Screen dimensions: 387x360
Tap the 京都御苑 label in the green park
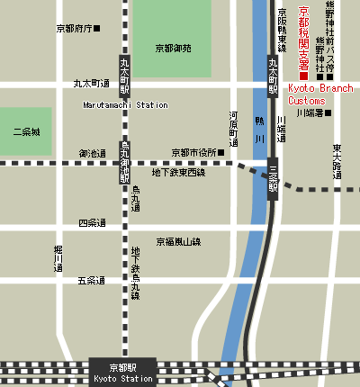coord(172,48)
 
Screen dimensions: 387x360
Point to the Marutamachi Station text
coord(125,105)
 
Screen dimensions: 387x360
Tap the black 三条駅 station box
coord(273,176)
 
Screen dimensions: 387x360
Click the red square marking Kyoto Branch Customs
coord(303,76)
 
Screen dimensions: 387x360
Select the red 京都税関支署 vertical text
coord(303,38)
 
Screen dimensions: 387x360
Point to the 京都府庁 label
coord(76,29)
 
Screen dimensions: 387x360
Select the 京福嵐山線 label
coord(178,241)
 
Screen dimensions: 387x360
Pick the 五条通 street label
coord(91,281)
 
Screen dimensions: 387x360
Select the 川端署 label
coord(312,113)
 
